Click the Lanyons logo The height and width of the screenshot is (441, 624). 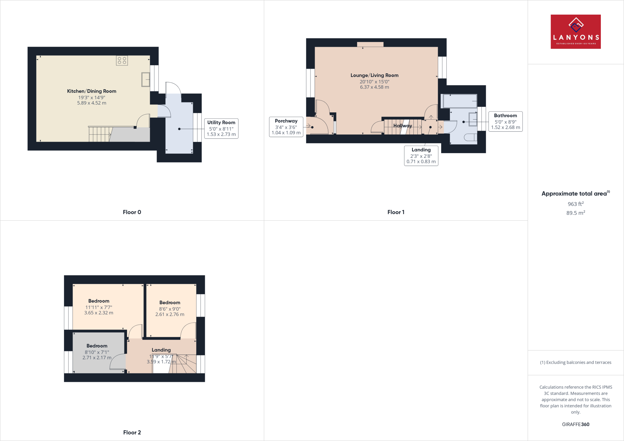[576, 32]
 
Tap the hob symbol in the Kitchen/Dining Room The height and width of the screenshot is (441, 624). [122, 60]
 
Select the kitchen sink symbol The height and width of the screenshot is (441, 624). [146, 79]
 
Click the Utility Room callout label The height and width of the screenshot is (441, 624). [221, 128]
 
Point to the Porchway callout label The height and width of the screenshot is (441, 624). [286, 127]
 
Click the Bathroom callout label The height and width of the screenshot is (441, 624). [505, 121]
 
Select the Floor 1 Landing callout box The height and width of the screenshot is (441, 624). [421, 156]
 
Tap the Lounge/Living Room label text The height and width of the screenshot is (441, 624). [374, 75]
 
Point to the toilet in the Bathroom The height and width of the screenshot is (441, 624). [471, 137]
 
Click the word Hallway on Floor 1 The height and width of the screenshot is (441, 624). [402, 125]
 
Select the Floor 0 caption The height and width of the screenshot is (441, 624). [132, 212]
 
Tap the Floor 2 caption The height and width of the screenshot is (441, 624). [132, 432]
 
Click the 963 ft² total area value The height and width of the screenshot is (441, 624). [576, 204]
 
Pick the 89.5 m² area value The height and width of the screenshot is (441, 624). [576, 213]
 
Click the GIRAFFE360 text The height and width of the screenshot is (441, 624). [576, 424]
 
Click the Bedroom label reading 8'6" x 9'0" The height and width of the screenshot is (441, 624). [170, 308]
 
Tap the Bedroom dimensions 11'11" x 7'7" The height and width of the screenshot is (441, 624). [99, 307]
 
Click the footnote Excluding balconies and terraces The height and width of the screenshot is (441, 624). [576, 362]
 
